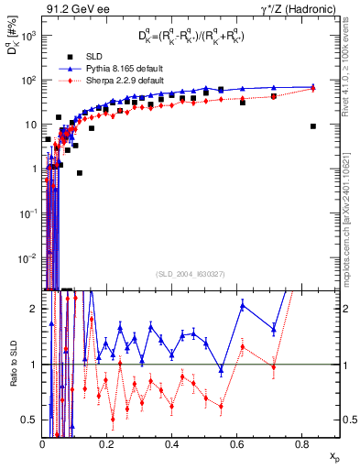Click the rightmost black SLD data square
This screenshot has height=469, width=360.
[313, 126]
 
